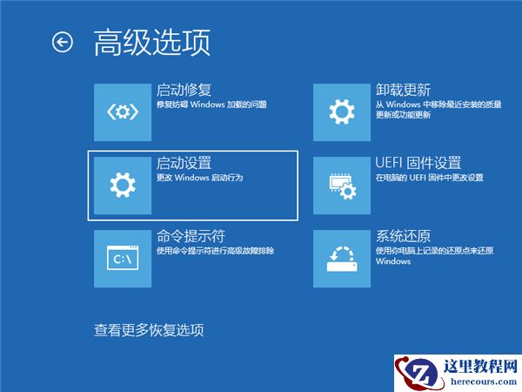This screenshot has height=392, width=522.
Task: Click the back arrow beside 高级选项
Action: [x=63, y=42]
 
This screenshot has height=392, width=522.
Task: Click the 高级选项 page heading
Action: [x=152, y=42]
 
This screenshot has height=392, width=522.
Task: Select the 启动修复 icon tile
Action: [x=122, y=112]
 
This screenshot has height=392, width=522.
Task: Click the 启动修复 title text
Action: [x=184, y=90]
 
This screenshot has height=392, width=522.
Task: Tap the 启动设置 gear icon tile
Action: [x=122, y=184]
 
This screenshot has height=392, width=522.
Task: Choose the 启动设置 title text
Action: [x=184, y=163]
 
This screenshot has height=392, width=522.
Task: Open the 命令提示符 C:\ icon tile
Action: [x=122, y=258]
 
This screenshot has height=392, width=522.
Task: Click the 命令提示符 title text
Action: [x=191, y=236]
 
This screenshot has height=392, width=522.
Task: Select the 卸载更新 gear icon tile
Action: [x=341, y=112]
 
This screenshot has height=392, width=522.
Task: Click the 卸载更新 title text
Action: [x=403, y=90]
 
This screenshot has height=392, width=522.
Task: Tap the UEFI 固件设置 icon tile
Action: [x=341, y=184]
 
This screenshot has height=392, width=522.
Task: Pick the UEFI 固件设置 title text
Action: [x=418, y=163]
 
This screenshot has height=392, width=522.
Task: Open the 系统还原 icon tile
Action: [x=341, y=258]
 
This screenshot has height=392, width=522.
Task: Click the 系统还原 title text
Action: [x=403, y=236]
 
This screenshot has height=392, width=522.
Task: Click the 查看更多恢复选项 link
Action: [x=149, y=330]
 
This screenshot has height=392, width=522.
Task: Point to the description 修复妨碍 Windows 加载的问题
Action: [x=211, y=105]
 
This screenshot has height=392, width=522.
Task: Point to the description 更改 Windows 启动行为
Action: [x=199, y=178]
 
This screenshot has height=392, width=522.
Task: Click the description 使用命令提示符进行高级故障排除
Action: [x=215, y=251]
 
